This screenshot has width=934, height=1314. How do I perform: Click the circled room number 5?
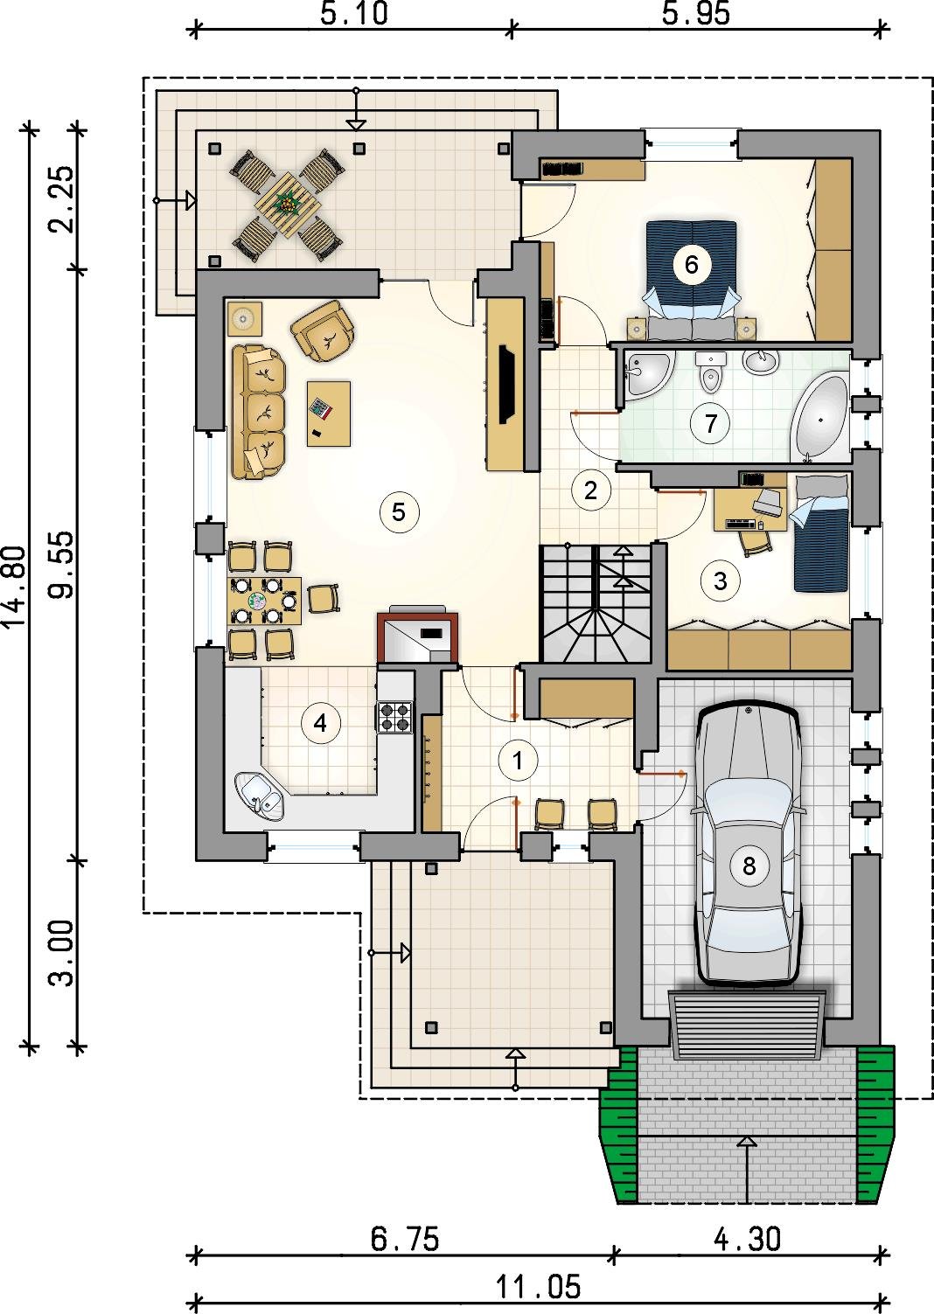399,512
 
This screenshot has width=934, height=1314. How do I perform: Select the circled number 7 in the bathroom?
710,422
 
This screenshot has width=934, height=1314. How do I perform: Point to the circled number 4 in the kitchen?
320,724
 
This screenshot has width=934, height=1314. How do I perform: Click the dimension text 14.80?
16,587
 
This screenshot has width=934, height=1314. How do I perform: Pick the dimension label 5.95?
696,13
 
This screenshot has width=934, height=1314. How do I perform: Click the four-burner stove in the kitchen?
394,718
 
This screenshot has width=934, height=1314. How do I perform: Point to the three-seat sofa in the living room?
259,412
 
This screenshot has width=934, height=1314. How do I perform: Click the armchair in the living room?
324,330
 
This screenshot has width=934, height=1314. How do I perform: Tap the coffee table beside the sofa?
329,414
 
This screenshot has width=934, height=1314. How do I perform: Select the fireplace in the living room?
418,636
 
